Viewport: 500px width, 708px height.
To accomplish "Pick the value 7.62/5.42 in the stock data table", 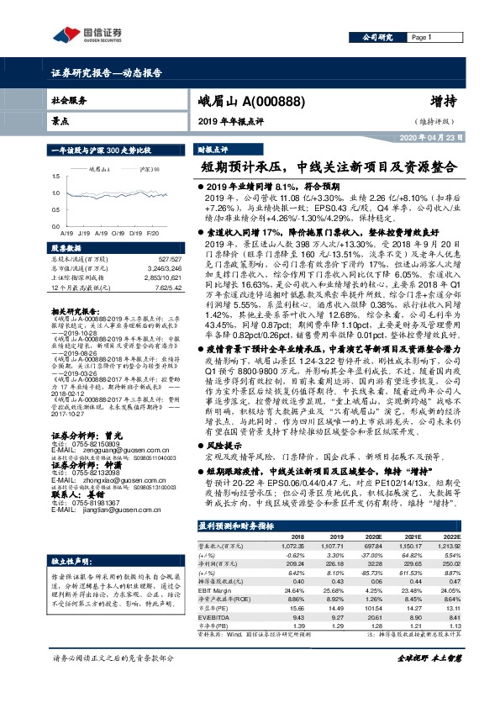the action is point(167,289).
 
